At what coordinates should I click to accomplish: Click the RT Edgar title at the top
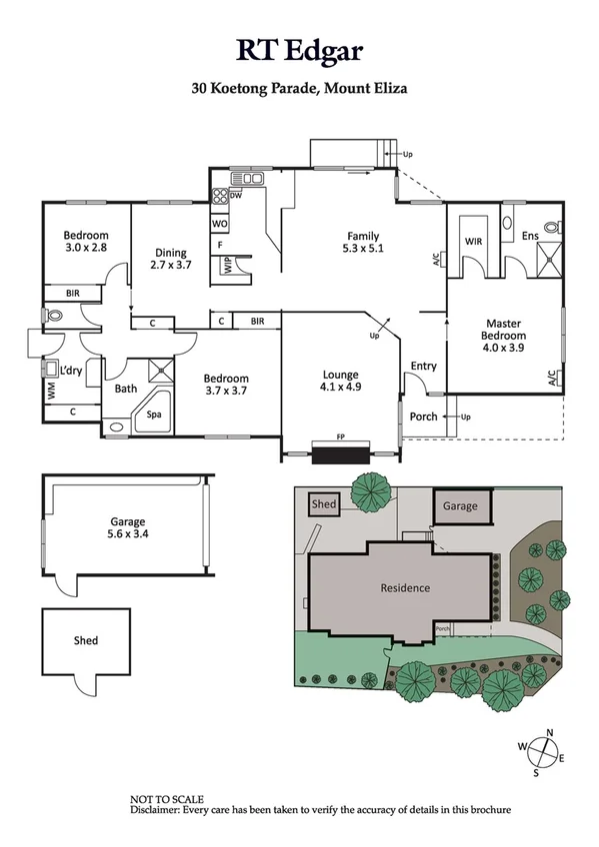click(299, 49)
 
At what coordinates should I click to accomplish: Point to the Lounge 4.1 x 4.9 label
click(339, 381)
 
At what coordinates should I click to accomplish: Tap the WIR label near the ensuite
click(473, 241)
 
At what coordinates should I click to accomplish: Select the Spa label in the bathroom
click(153, 412)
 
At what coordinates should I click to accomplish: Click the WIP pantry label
click(229, 265)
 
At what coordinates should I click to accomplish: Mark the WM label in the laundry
click(51, 391)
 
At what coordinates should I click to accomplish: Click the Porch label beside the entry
click(424, 417)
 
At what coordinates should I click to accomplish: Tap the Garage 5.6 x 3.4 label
click(128, 527)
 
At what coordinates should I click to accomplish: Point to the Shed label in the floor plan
click(85, 640)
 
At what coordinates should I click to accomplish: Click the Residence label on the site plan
click(405, 588)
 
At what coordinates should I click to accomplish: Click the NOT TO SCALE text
click(167, 799)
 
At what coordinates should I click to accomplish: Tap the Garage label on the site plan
click(461, 506)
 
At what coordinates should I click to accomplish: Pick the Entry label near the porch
click(423, 367)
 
